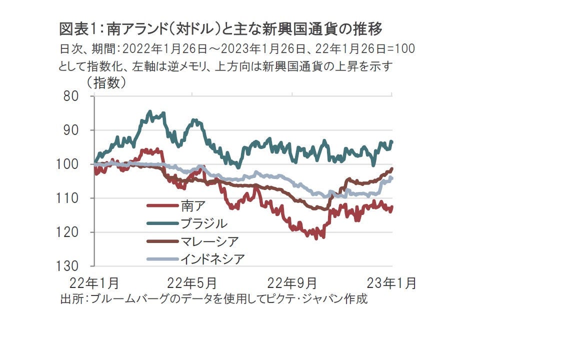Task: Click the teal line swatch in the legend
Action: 162,223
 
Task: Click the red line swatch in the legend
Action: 162,206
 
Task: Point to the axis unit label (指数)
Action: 106,83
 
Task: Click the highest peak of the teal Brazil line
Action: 149,111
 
